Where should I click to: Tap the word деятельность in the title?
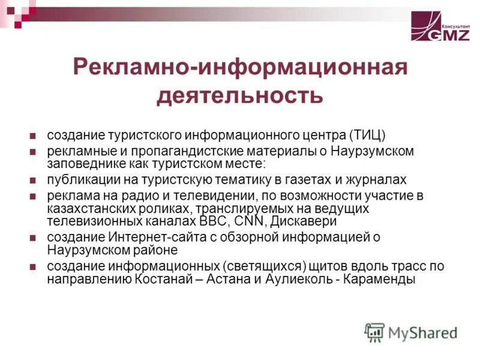coord(240,94)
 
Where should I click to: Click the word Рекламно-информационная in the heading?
coord(240,67)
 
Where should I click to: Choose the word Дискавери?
coord(292,220)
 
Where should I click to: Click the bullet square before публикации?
coord(34,180)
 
